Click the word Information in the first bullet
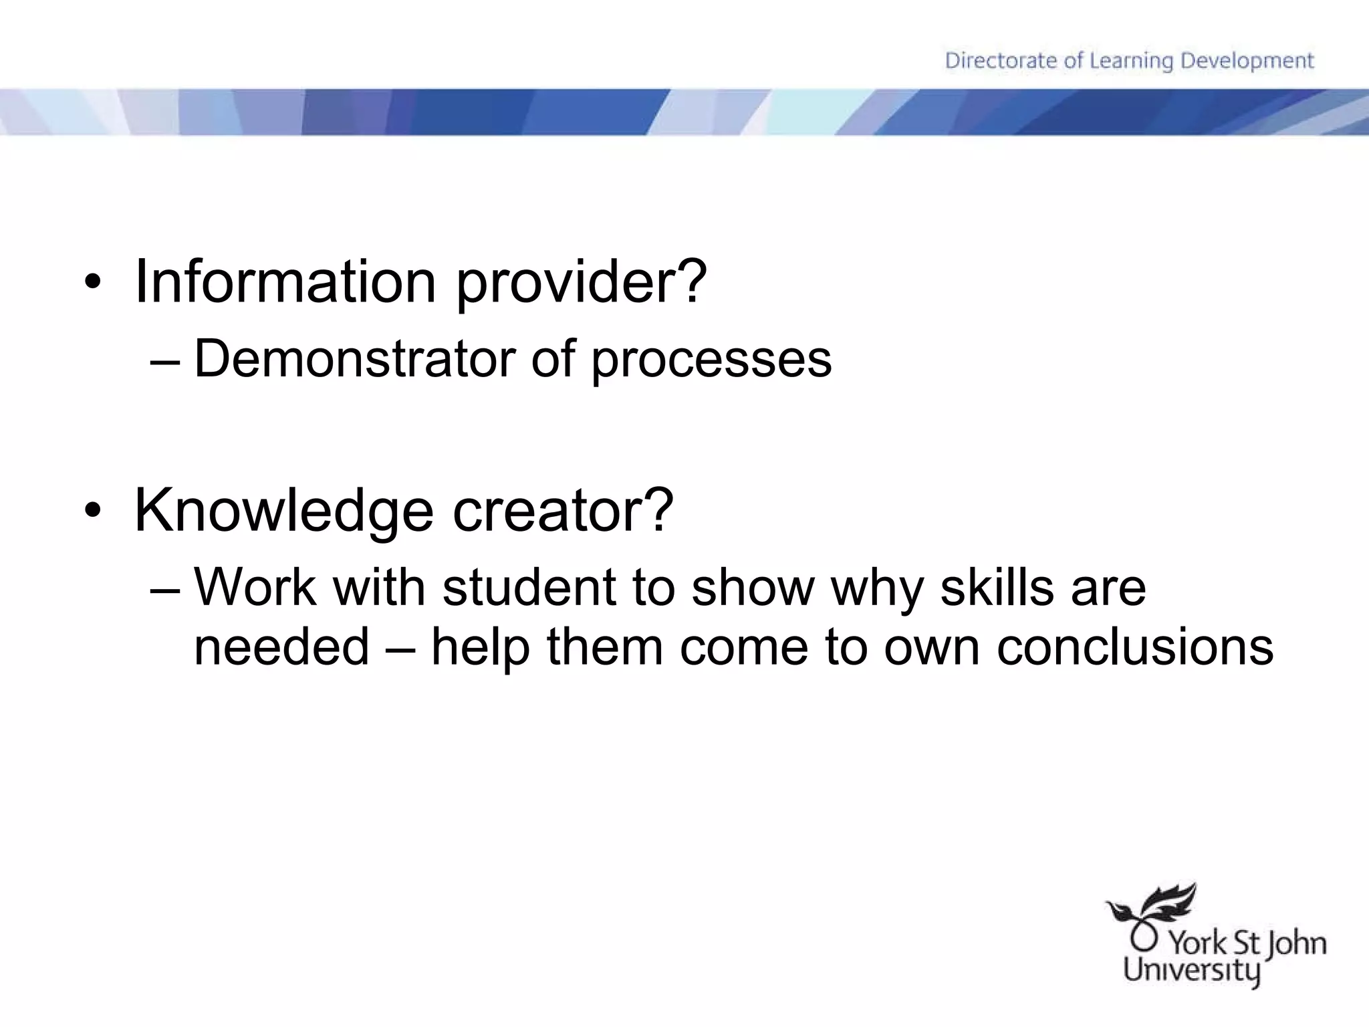coord(285,281)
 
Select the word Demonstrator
coord(354,359)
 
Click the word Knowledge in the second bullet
coord(284,511)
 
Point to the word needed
coord(281,647)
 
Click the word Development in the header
coord(1247,61)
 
